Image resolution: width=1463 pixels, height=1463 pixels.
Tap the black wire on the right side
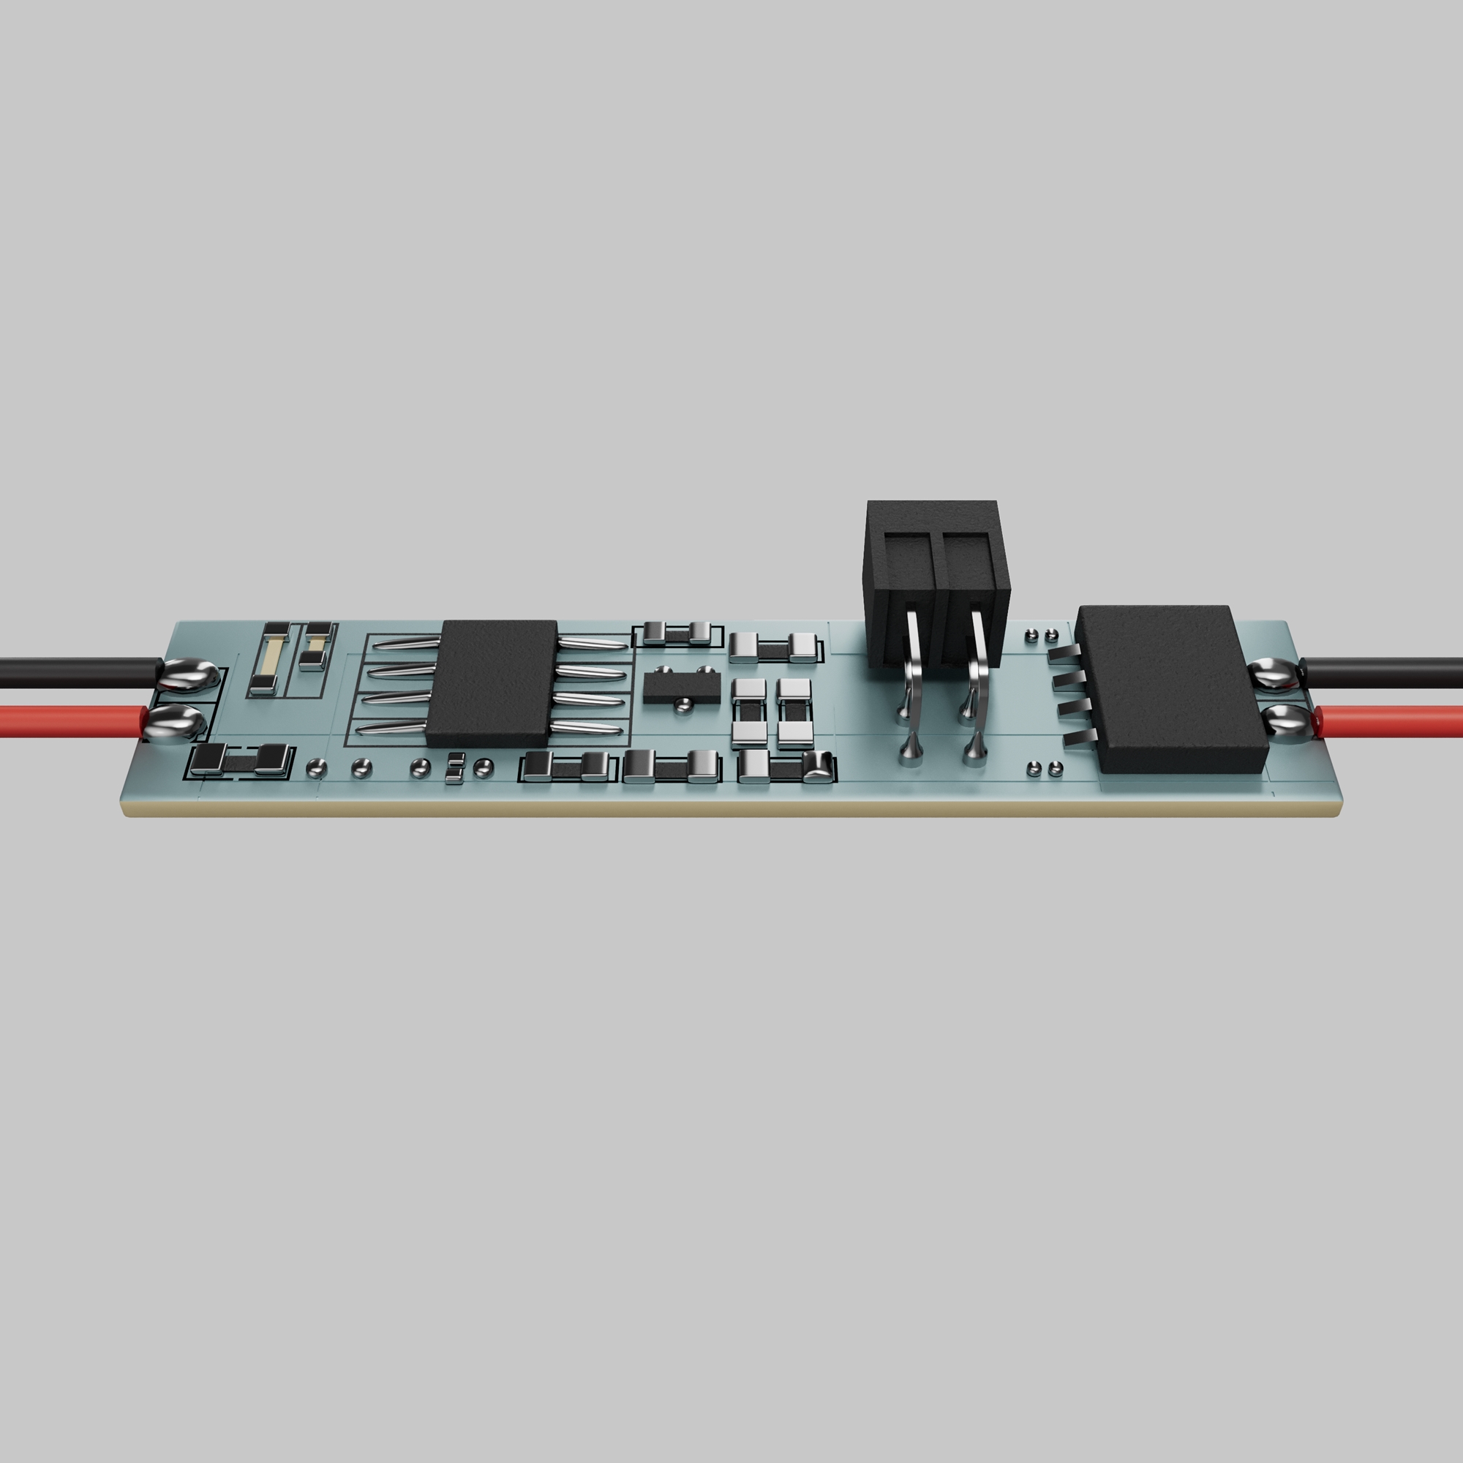point(1385,672)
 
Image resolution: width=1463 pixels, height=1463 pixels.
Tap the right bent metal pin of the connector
point(977,666)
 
